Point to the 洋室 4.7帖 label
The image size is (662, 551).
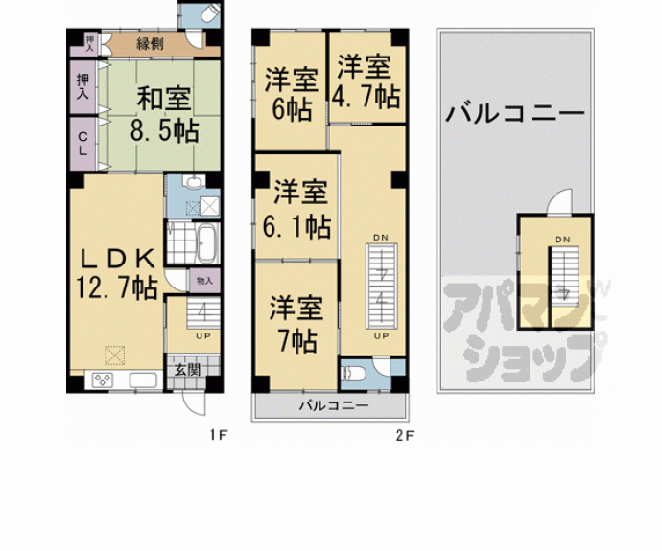click(366, 81)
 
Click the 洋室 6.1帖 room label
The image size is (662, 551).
click(301, 209)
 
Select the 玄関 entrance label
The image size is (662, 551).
click(186, 370)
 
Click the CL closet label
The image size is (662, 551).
click(83, 143)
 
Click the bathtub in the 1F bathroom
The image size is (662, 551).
click(207, 243)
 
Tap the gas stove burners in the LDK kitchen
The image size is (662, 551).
click(103, 380)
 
